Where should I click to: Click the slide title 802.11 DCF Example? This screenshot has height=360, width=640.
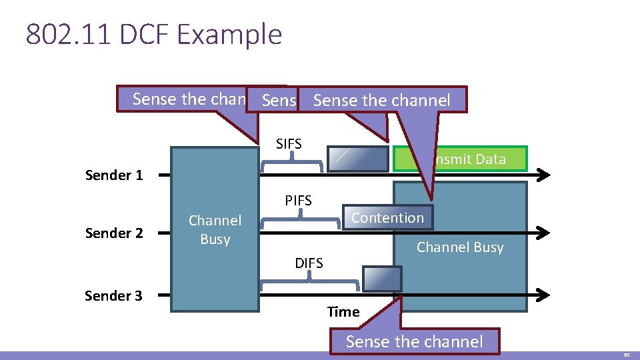point(154,35)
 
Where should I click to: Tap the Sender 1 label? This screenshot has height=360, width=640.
point(114,175)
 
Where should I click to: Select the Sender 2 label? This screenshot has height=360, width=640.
point(114,233)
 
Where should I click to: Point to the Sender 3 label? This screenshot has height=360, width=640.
point(113,295)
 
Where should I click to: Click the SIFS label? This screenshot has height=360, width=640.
point(289,144)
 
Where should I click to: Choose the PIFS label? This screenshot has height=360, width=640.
point(298,201)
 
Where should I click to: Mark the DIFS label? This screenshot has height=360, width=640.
point(309,263)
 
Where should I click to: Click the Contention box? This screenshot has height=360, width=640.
point(387,218)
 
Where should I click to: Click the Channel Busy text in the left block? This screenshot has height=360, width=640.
point(215,230)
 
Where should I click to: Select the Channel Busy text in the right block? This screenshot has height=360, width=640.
point(460,247)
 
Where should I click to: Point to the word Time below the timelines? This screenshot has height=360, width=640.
point(343,312)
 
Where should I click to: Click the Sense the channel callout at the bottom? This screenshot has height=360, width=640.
point(414,342)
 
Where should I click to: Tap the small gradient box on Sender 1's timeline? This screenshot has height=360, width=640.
point(358,159)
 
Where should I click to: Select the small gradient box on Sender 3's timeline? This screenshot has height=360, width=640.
point(382,278)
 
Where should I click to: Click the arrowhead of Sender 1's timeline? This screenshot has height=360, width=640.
point(544,175)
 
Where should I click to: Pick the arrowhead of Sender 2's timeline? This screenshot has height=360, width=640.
point(544,233)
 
